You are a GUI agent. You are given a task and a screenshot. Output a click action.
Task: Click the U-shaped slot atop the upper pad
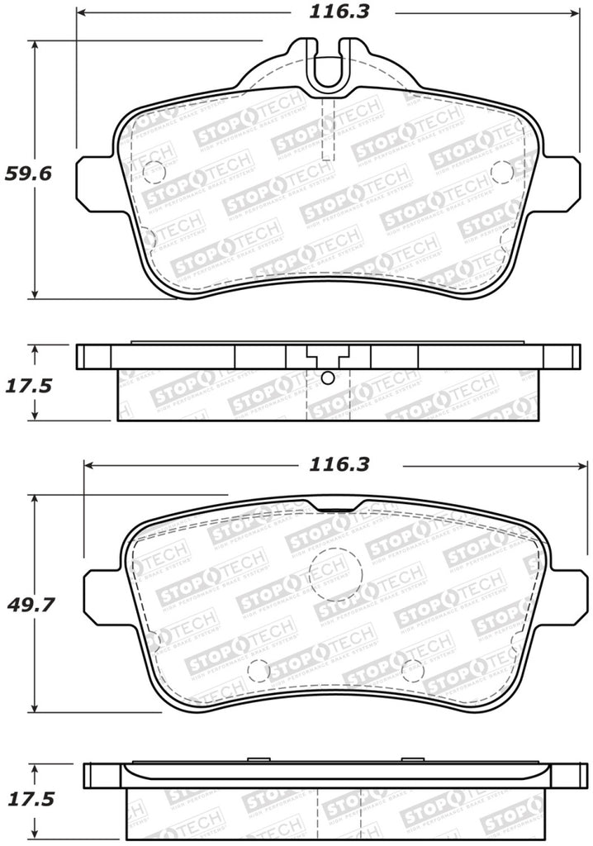click(x=328, y=66)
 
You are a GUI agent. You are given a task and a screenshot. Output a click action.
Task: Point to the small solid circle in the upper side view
click(x=327, y=378)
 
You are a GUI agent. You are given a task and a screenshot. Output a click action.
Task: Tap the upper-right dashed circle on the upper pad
click(x=501, y=171)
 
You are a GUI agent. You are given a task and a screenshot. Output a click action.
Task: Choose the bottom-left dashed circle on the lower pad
click(x=259, y=671)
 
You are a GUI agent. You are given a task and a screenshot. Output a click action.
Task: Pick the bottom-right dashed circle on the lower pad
click(x=412, y=671)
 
